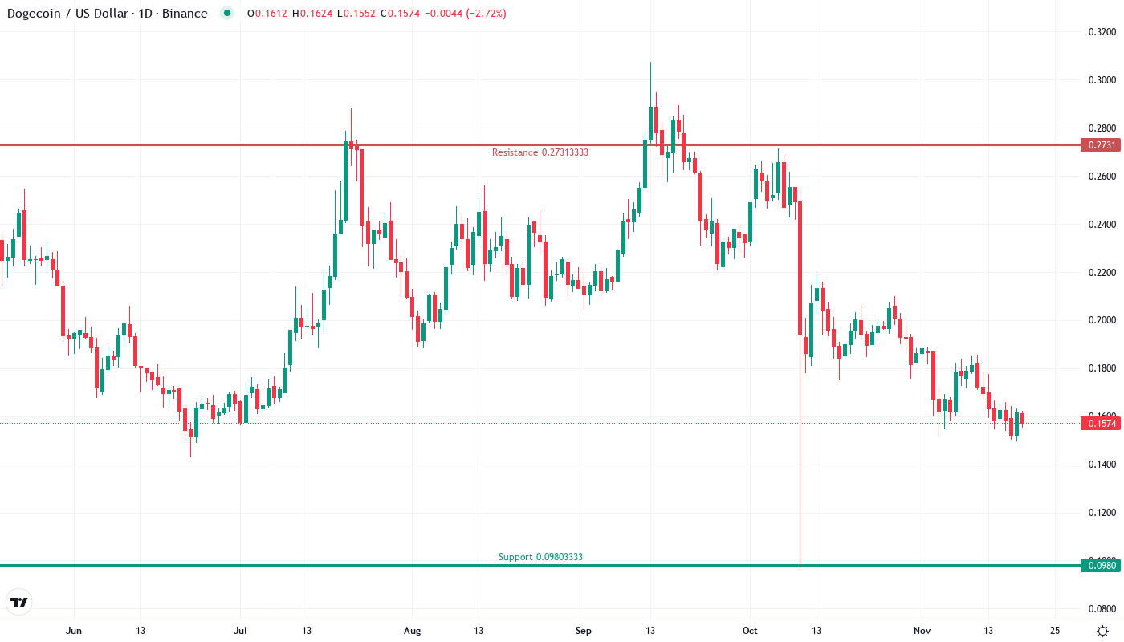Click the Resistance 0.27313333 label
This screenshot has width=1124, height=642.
pos(540,152)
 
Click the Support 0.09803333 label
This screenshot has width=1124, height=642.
pos(540,557)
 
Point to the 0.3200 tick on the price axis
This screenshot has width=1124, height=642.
pos(1101,32)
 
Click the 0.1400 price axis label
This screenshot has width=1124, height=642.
pos(1101,465)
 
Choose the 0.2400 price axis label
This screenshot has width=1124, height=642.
pos(1101,225)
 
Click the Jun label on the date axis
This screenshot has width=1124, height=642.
pos(74,631)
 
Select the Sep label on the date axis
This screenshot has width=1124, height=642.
pos(584,631)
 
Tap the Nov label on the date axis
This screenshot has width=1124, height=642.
pos(922,631)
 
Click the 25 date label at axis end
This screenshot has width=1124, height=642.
pos(1055,631)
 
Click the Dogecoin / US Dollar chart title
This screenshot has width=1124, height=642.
pos(107,14)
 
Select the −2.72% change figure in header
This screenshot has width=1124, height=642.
pos(480,14)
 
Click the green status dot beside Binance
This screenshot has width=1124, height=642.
pos(228,14)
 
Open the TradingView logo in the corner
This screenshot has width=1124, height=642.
pos(19,602)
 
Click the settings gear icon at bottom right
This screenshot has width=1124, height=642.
pos(1104,631)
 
